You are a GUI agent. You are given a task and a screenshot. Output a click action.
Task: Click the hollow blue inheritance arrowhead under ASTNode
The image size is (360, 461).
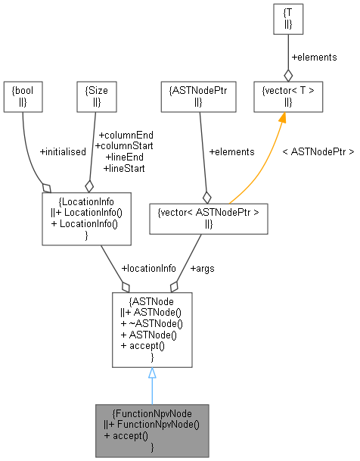(x=152, y=373)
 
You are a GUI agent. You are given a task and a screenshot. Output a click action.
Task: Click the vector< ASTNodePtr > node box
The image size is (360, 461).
(x=209, y=217)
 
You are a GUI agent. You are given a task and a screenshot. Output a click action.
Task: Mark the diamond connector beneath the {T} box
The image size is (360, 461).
(x=288, y=74)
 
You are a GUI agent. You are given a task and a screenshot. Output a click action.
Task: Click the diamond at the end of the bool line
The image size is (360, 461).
(x=47, y=185)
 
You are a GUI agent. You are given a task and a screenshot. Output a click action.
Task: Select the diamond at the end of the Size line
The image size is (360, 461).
(x=88, y=185)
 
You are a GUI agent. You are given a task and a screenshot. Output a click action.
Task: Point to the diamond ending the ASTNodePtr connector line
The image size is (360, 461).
(x=205, y=196)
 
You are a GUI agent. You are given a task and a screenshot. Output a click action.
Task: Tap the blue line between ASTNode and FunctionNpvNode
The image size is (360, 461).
(x=152, y=392)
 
